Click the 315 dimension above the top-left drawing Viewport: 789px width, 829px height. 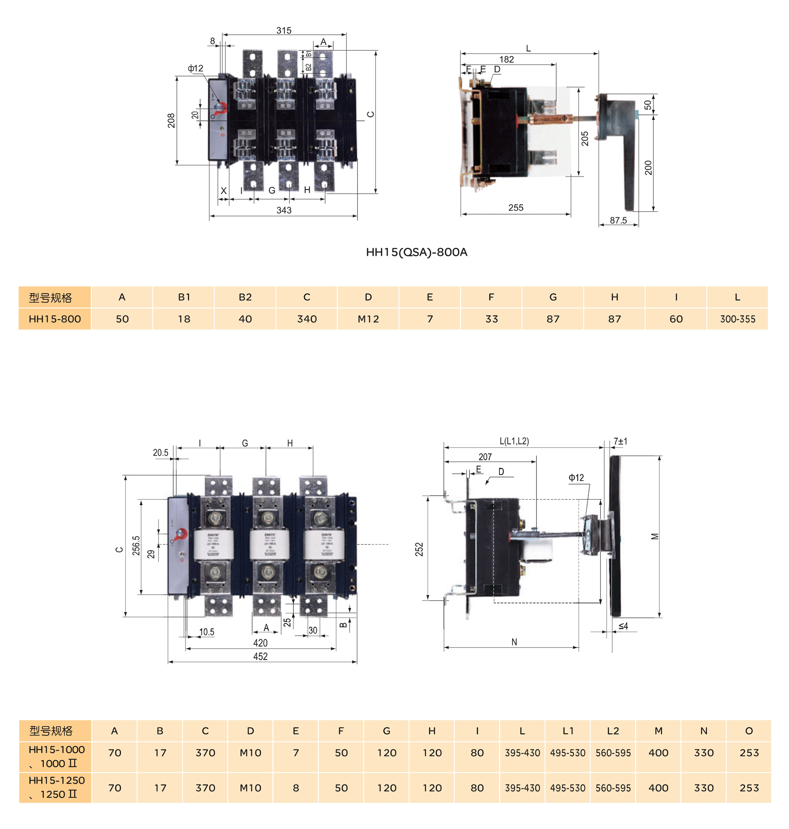pyautogui.click(x=284, y=31)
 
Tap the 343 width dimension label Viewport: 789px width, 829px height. pyautogui.click(x=284, y=210)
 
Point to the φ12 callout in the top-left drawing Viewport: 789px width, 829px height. pyautogui.click(x=196, y=68)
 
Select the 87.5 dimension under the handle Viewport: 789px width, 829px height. pyautogui.click(x=618, y=221)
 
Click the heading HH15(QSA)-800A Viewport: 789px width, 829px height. pyautogui.click(x=416, y=253)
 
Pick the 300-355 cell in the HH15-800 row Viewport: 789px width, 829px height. pyautogui.click(x=738, y=319)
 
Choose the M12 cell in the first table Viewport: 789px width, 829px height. pyautogui.click(x=368, y=319)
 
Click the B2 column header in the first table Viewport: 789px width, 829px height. pyautogui.click(x=245, y=297)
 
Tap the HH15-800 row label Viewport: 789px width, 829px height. pyautogui.click(x=55, y=319)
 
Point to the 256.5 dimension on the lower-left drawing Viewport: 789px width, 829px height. pyautogui.click(x=136, y=546)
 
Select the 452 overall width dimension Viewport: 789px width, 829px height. pyautogui.click(x=260, y=656)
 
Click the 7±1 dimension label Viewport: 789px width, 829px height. pyautogui.click(x=620, y=441)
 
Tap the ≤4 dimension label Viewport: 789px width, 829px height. pyautogui.click(x=623, y=626)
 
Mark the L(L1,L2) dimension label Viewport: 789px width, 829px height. pyautogui.click(x=514, y=441)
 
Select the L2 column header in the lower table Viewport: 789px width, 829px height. pyautogui.click(x=613, y=731)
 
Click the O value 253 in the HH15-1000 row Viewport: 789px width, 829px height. pyautogui.click(x=749, y=753)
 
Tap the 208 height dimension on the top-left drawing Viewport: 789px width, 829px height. pyautogui.click(x=171, y=120)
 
